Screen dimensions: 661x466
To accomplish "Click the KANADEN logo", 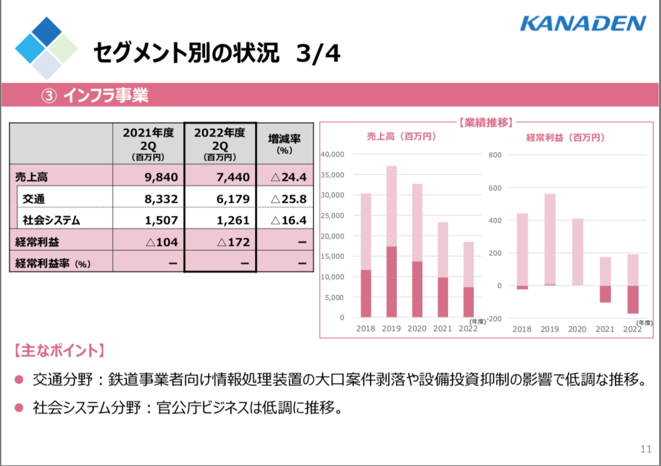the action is pyautogui.click(x=583, y=24).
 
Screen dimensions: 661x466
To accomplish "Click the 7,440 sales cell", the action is pyautogui.click(x=220, y=175).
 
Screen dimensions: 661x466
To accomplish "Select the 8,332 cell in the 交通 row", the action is pyautogui.click(x=149, y=198).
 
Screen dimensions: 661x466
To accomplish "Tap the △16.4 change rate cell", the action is pyautogui.click(x=285, y=219).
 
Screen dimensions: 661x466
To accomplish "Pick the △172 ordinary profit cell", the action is pyautogui.click(x=220, y=241).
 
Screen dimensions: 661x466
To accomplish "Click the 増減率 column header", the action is pyautogui.click(x=285, y=143).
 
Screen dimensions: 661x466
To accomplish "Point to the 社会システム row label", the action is pyautogui.click(x=51, y=220).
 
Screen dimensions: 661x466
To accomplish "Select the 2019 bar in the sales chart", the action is pyautogui.click(x=392, y=241).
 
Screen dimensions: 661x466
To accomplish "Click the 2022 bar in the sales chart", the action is pyautogui.click(x=469, y=280).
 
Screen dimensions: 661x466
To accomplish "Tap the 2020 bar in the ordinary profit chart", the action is pyautogui.click(x=577, y=252).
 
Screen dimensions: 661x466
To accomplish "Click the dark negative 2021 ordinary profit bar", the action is pyautogui.click(x=605, y=294).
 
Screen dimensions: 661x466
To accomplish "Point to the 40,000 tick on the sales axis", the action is pyautogui.click(x=332, y=154).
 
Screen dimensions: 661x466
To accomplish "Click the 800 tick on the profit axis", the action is pyautogui.click(x=495, y=155).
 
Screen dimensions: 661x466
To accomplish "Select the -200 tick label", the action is pyautogui.click(x=494, y=318).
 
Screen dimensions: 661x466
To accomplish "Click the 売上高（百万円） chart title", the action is pyautogui.click(x=401, y=136).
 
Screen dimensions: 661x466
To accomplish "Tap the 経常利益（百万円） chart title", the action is pyautogui.click(x=565, y=138).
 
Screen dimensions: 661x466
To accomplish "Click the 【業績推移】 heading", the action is pyautogui.click(x=485, y=123).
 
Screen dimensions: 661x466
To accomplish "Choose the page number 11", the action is pyautogui.click(x=646, y=449).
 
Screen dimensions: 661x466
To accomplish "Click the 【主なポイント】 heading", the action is pyautogui.click(x=59, y=350).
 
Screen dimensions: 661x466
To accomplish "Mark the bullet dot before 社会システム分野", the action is pyautogui.click(x=19, y=407).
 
